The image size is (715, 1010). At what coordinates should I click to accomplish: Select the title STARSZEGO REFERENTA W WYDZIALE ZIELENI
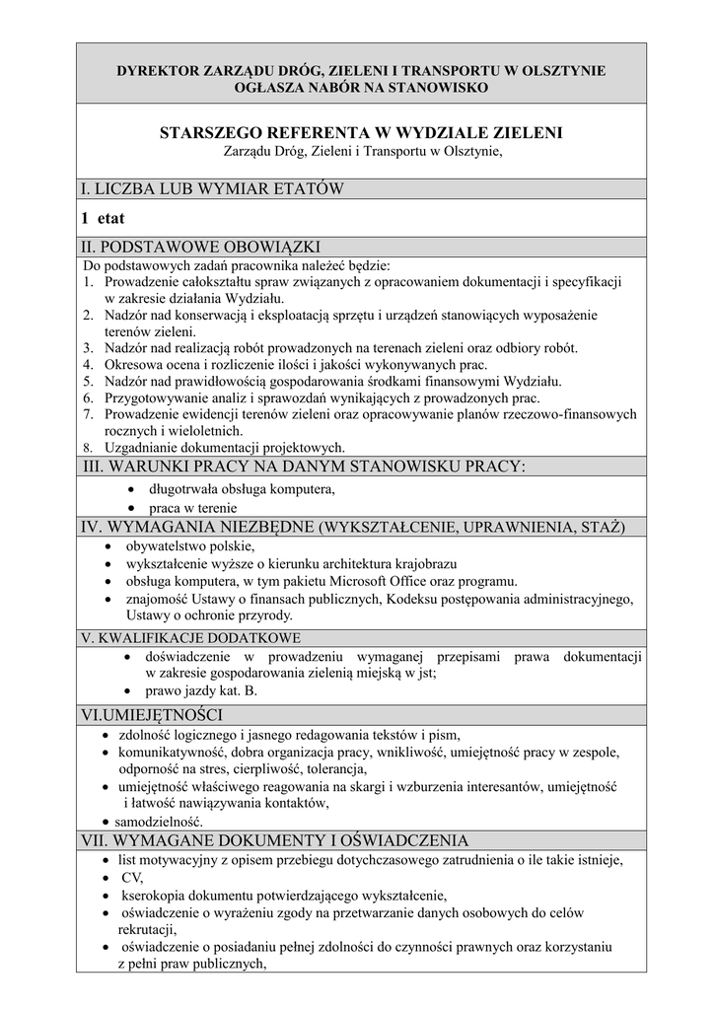coord(361,132)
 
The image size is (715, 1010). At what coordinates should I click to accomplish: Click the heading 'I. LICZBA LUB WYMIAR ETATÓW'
coord(212,188)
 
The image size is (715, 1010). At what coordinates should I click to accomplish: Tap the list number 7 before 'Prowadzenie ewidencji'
coord(87,413)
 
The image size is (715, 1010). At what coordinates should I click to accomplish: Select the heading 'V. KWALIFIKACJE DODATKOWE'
coord(191,638)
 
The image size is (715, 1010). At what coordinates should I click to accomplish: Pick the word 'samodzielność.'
coord(159,821)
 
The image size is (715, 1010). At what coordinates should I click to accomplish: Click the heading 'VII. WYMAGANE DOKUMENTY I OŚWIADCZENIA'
coord(275,840)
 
